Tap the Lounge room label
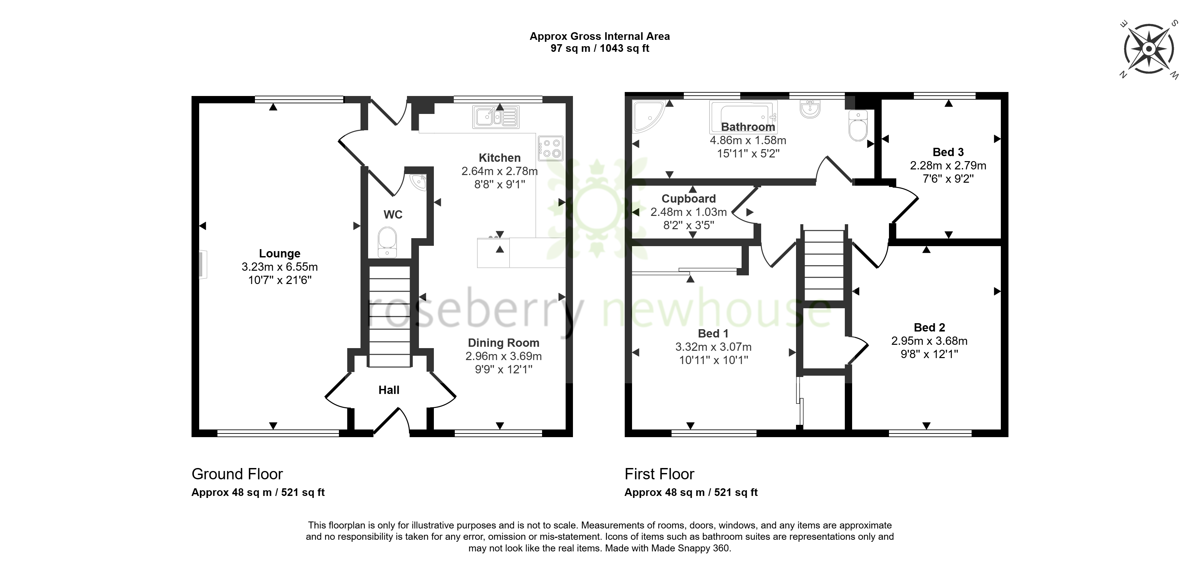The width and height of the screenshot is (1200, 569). pos(280,253)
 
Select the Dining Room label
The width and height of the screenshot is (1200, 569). pos(504,343)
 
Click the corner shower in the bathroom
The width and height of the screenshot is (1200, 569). pos(648,116)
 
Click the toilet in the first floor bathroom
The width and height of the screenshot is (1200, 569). pos(858,125)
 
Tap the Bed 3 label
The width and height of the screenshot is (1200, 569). pos(948,152)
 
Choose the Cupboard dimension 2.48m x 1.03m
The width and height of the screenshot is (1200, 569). pos(688,212)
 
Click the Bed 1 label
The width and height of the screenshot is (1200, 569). pos(713,334)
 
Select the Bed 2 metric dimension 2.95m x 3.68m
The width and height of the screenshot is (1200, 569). pos(929,341)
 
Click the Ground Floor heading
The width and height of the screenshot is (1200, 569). pos(237,474)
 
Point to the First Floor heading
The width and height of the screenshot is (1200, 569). pos(659,474)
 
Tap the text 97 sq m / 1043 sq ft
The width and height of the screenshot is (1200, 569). pos(600,48)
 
